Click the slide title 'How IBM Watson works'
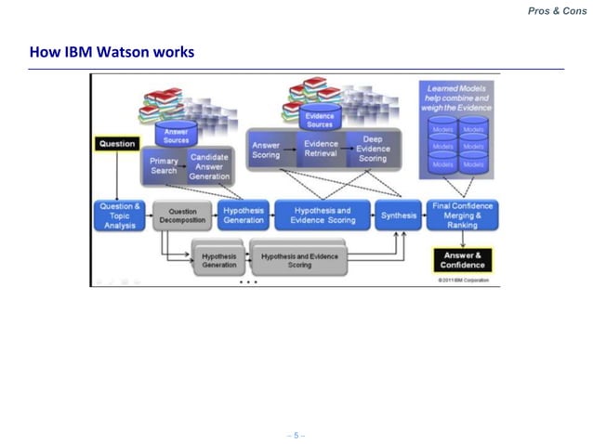click(x=112, y=51)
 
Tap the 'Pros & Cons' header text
click(x=557, y=10)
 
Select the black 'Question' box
click(x=116, y=144)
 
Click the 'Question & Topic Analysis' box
click(x=119, y=215)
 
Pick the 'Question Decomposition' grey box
click(x=182, y=215)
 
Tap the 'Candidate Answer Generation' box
click(x=209, y=167)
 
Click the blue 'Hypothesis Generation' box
click(x=244, y=215)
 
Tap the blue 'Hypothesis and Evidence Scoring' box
click(x=323, y=215)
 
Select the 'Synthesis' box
click(x=399, y=215)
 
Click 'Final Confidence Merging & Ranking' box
click(x=463, y=215)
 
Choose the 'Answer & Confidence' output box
click(x=463, y=259)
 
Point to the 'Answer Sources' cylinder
click(x=176, y=135)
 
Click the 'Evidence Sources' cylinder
click(x=319, y=118)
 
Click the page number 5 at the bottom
click(x=296, y=435)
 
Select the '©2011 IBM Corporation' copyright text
click(x=463, y=280)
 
